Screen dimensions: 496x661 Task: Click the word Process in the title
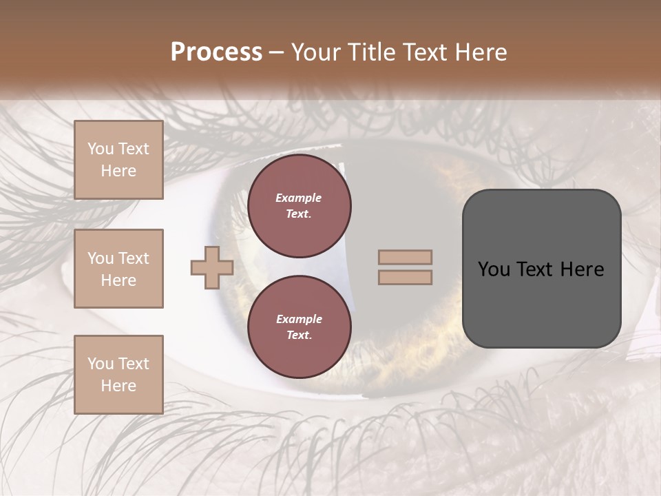pos(216,52)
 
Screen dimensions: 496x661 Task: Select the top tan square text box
pos(118,160)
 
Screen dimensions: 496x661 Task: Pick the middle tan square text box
pos(118,269)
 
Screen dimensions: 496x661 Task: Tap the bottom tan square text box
pos(118,374)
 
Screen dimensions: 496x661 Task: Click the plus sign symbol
pos(212,267)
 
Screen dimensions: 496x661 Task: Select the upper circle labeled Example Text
pos(299,205)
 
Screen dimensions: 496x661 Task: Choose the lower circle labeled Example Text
pos(299,327)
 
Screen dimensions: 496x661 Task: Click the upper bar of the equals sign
pos(405,258)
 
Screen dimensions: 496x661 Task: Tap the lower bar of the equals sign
pos(405,277)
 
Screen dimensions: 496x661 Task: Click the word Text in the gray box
pos(535,269)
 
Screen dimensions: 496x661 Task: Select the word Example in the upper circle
pos(299,198)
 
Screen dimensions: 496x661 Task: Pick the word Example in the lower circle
pos(299,319)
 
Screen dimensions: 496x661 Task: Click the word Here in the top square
pos(118,171)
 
